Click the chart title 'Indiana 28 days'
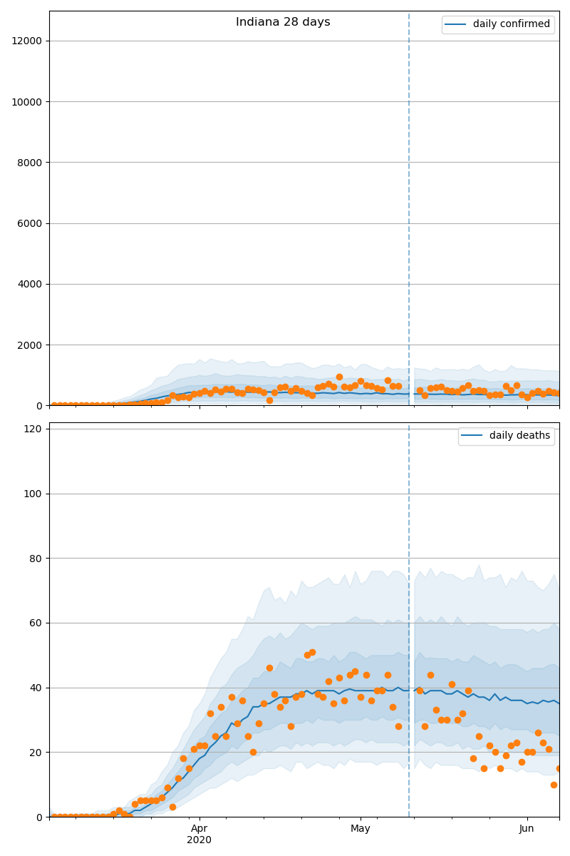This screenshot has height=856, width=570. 283,22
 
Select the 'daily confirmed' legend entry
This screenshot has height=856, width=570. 511,24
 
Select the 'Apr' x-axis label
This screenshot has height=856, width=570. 199,828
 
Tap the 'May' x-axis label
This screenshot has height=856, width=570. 361,828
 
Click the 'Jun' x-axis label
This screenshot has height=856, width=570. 527,828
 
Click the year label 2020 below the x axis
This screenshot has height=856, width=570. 199,840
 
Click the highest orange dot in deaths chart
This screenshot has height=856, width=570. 312,652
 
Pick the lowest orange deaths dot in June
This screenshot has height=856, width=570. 554,785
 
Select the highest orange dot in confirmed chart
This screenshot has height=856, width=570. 339,377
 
